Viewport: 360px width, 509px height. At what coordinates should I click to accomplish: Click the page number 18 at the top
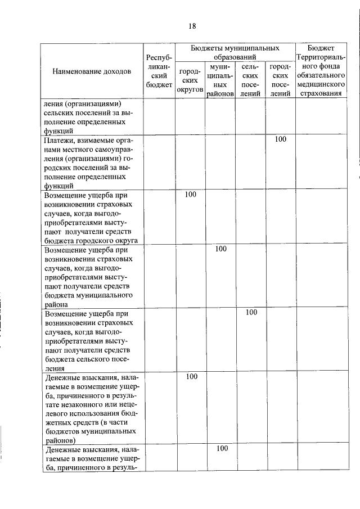coord(192,26)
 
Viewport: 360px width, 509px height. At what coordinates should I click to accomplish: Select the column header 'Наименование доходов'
coord(92,71)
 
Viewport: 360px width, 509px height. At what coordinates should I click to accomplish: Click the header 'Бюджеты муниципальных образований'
coord(235,52)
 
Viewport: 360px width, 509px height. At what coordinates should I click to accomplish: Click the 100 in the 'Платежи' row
coord(280,139)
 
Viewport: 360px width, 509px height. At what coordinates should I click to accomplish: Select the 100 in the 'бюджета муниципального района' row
coord(220,249)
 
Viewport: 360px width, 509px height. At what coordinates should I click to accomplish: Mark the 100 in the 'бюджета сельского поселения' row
coord(251,312)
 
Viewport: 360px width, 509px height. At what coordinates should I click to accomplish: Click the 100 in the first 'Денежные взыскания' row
coord(191,376)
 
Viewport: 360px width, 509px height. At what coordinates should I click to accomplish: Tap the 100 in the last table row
coord(222,448)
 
